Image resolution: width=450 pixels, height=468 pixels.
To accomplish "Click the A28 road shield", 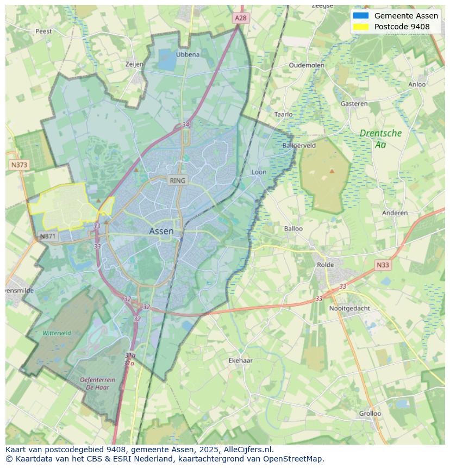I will point(240,18).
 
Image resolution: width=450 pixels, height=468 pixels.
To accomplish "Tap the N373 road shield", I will point(19,165).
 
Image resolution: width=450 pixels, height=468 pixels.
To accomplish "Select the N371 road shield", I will point(48,236).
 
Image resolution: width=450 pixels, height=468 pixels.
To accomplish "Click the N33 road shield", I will point(383,265).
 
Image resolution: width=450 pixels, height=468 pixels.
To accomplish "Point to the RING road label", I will point(177,180).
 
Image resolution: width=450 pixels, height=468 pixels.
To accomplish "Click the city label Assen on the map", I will point(161,231).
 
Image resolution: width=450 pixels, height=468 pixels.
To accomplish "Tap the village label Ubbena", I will point(187,54).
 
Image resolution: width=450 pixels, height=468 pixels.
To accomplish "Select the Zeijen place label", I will point(134,64).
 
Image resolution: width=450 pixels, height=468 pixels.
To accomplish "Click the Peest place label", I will point(43,31).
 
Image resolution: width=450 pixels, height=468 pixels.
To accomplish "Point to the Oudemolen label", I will point(307,65).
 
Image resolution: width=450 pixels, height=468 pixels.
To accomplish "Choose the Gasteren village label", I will point(354,103).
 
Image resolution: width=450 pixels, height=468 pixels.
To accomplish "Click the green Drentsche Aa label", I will point(380,139).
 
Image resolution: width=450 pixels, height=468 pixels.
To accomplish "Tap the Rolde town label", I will point(326,265).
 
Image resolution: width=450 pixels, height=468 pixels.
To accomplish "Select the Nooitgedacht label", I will point(349,308).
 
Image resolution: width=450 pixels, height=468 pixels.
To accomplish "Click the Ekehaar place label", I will point(240,360).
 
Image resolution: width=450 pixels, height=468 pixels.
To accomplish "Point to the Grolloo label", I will point(370,413).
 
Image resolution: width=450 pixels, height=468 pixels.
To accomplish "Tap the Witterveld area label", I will point(57,333).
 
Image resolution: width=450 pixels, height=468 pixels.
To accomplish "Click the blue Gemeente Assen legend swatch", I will point(360,16).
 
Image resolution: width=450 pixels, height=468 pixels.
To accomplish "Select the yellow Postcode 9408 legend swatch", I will point(360,27).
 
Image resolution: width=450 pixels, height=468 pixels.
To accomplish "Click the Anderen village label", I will point(395,213).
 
